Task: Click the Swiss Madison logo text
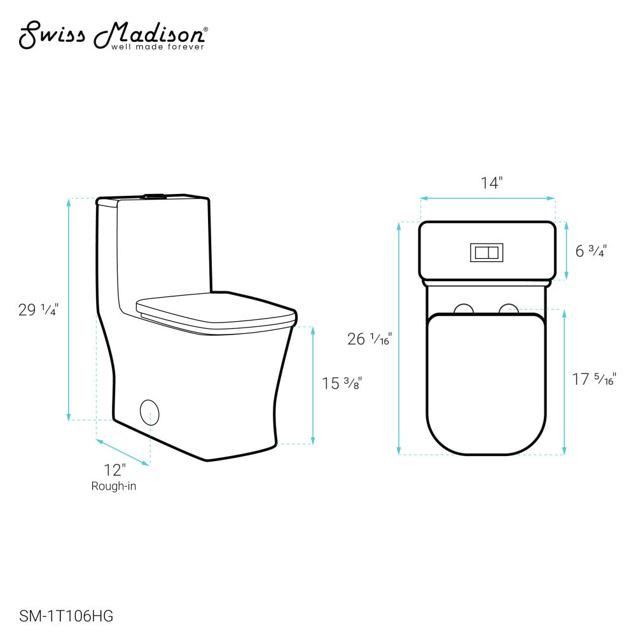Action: pos(111,35)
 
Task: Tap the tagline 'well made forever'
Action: pos(158,47)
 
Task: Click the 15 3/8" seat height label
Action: pos(342,384)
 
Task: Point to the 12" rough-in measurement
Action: pos(115,471)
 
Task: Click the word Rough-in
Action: pos(114,487)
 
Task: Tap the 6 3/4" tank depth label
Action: pos(591,251)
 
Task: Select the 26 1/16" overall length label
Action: pos(370,339)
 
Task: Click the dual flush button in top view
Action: pos(487,252)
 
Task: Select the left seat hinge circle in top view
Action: pos(465,309)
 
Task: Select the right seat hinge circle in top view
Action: pos(508,309)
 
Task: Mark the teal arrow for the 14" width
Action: pos(487,199)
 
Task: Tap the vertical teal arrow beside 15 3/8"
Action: pos(312,385)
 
